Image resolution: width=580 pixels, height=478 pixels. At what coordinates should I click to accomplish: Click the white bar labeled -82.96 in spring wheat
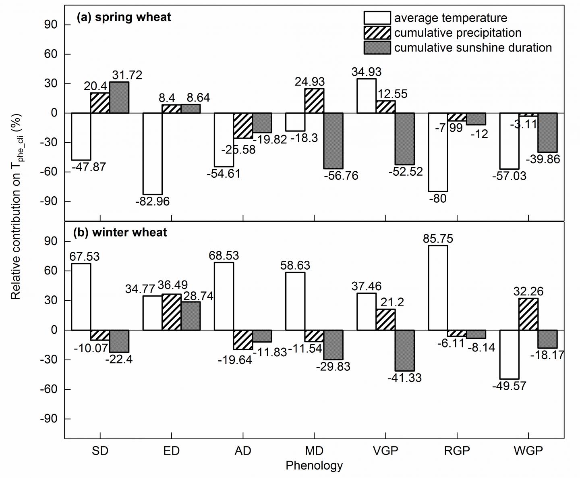click(x=153, y=154)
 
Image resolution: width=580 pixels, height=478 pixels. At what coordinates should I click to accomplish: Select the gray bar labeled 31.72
click(x=119, y=98)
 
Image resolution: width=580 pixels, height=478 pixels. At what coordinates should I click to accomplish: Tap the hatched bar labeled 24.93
click(x=314, y=101)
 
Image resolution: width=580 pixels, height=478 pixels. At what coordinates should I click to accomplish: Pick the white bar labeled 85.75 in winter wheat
click(x=438, y=288)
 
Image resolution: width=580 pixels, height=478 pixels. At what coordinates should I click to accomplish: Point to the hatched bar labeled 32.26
click(x=528, y=314)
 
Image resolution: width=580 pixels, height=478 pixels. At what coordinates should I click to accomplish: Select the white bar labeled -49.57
click(x=510, y=354)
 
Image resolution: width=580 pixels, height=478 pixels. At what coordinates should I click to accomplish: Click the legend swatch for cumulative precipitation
click(x=377, y=33)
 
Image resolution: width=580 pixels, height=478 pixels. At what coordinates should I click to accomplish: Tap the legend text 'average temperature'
click(x=450, y=18)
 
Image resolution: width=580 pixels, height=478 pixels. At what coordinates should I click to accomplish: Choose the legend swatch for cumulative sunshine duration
click(x=377, y=48)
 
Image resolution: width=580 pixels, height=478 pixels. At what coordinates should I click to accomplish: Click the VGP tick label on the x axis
click(x=385, y=451)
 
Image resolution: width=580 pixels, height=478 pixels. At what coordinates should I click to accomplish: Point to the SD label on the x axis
click(x=100, y=451)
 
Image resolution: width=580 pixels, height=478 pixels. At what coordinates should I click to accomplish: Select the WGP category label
click(x=528, y=451)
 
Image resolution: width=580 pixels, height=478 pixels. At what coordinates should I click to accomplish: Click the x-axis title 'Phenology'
click(x=314, y=466)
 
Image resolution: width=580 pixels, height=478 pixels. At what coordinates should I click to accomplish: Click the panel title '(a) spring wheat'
click(x=124, y=17)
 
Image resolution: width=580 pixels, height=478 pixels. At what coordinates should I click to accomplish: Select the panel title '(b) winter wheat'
click(x=120, y=233)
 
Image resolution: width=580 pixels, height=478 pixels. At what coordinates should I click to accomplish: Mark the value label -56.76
click(x=341, y=176)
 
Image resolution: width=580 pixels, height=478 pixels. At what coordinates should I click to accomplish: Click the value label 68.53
click(x=224, y=256)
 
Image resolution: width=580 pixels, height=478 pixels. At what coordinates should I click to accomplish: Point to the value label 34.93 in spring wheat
click(x=366, y=72)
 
